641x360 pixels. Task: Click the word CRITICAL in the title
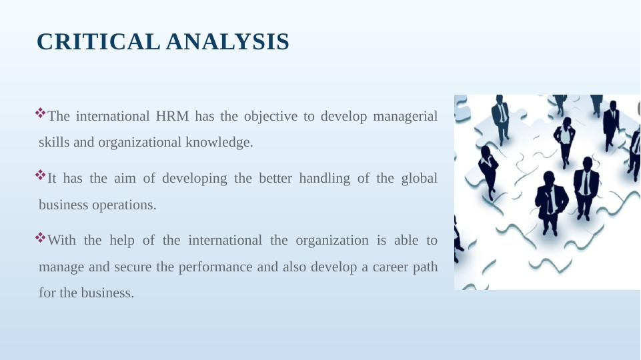pos(98,42)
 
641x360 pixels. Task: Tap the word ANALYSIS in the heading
pos(227,42)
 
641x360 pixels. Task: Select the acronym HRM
pos(172,116)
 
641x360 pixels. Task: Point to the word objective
pos(271,117)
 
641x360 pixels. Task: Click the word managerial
pos(405,117)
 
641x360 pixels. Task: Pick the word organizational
pos(139,143)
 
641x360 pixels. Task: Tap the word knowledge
pos(219,143)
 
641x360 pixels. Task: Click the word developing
pos(195,179)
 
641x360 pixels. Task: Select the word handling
pos(325,179)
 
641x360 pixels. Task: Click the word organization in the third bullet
pos(332,241)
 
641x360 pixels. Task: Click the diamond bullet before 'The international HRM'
pos(41,113)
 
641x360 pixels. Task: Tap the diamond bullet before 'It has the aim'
pos(41,175)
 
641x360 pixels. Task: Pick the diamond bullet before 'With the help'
pos(41,237)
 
